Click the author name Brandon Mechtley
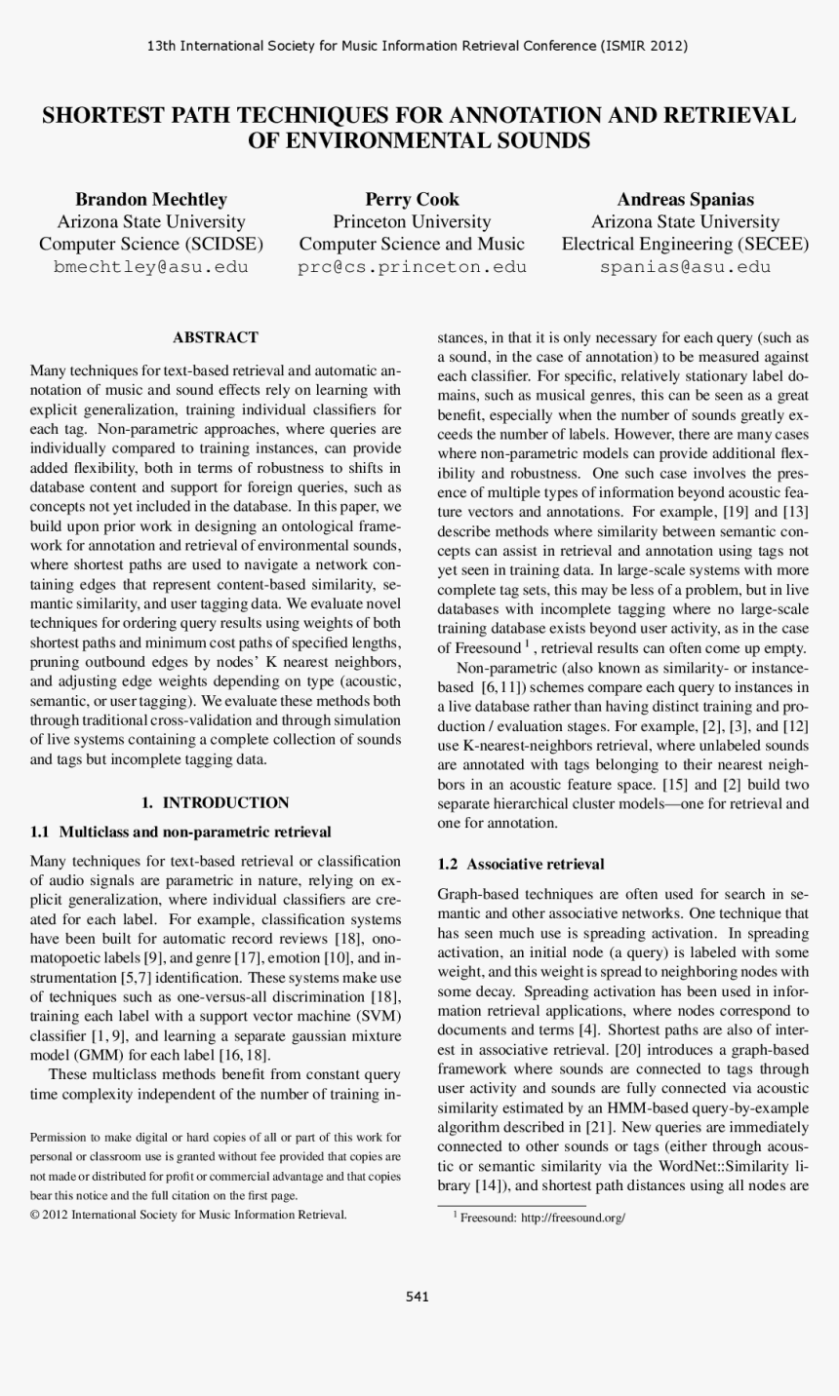coord(151,199)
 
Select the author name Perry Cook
coord(412,199)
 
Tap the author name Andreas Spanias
coord(685,199)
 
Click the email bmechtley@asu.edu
coord(151,267)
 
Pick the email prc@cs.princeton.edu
coord(412,267)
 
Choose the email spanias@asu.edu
coord(685,267)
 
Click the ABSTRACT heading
coord(215,337)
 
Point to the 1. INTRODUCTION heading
coord(215,802)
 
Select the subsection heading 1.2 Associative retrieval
coord(521,864)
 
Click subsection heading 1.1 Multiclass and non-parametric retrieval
coord(180,832)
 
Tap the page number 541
coord(418,1296)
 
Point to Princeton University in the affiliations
coord(412,221)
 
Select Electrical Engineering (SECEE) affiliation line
coord(685,244)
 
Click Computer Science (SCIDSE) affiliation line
coord(151,244)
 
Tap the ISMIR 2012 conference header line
coord(418,46)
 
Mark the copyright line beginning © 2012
coord(188,1214)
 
